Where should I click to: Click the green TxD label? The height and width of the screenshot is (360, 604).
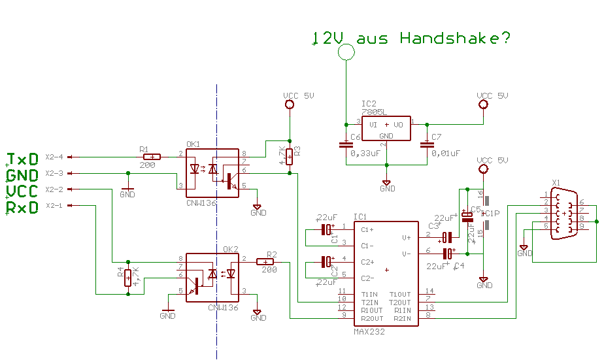22,159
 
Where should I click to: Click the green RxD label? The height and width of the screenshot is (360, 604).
22,208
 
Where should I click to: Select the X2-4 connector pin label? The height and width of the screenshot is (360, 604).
54,157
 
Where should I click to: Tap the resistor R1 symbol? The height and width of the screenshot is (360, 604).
152,157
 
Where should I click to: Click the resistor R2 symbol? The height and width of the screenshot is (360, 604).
266,261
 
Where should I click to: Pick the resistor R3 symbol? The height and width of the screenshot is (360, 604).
290,155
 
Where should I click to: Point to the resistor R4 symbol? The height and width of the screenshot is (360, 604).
128,276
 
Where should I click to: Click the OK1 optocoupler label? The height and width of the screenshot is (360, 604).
193,144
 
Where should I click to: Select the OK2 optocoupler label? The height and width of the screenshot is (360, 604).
230,249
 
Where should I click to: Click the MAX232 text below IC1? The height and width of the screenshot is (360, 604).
369,331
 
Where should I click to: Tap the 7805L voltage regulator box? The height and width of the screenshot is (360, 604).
386,129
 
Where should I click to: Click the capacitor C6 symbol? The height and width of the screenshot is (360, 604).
345,145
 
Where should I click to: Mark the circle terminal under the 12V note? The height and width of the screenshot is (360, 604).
345,52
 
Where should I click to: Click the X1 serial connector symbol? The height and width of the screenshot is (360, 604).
565,214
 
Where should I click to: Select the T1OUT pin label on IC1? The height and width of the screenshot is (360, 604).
400,294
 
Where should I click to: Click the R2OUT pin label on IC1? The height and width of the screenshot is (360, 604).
371,318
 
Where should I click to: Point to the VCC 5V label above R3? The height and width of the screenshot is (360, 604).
299,95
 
